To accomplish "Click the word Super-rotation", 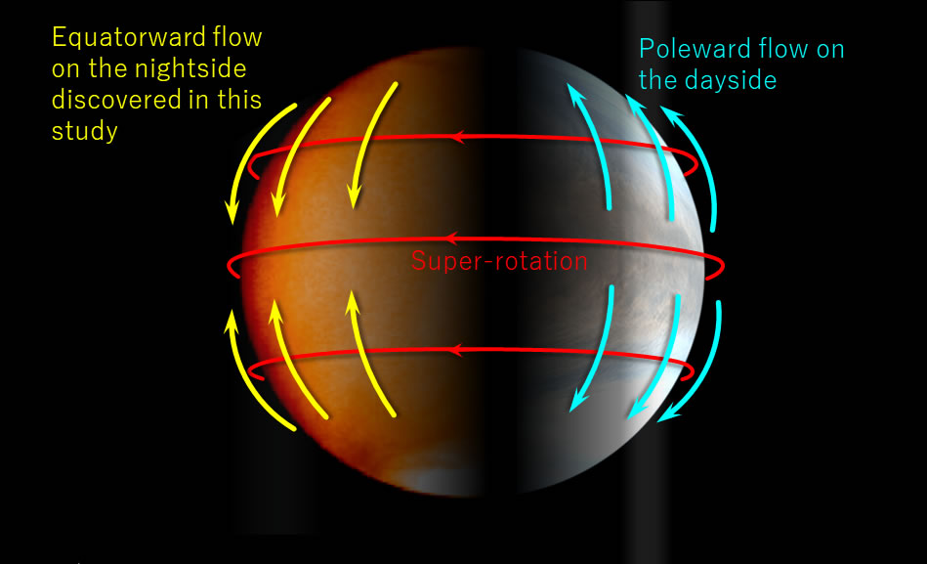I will (x=499, y=261).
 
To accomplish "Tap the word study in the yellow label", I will (x=85, y=132).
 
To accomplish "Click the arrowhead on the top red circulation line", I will (x=456, y=137).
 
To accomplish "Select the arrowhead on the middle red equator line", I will (x=451, y=239).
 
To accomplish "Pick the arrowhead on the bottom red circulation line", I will (x=454, y=347).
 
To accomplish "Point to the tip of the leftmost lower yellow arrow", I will (x=232, y=313).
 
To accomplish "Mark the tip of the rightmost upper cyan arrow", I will (x=666, y=108).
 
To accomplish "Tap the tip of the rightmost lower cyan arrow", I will (x=661, y=420).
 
